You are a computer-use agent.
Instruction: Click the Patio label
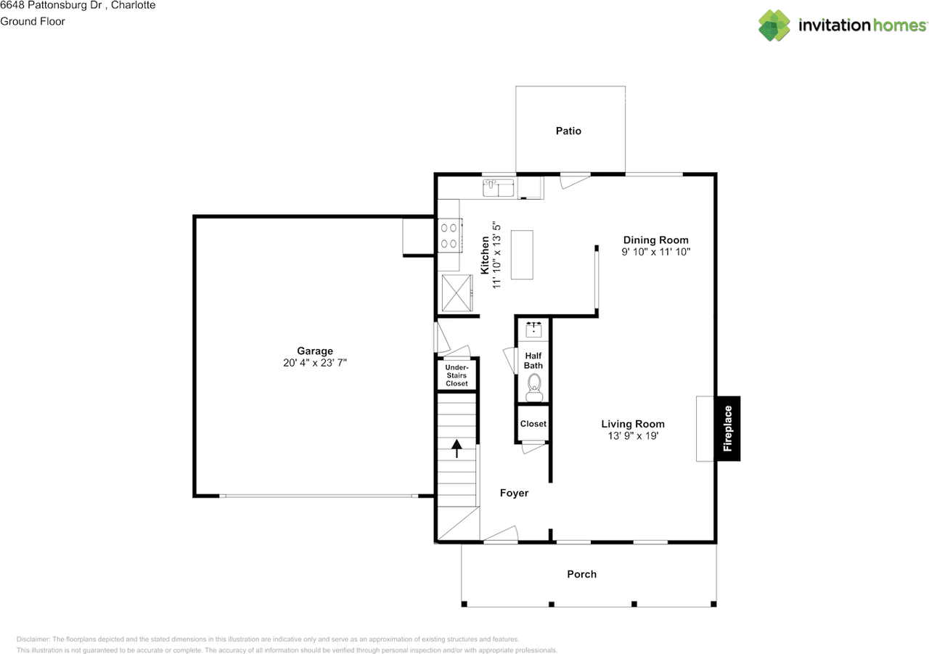tap(568, 131)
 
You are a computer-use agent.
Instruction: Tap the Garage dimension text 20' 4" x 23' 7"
tap(315, 363)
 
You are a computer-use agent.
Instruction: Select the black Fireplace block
tap(728, 428)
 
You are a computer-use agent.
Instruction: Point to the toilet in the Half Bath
tap(534, 388)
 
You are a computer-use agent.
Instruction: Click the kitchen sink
tap(499, 188)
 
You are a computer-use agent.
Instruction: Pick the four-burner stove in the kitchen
tap(450, 235)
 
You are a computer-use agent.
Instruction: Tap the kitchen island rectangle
tap(522, 255)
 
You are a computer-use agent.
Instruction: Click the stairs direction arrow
tap(457, 449)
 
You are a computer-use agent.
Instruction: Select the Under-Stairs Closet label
tap(457, 375)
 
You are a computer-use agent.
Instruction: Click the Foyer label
tap(514, 493)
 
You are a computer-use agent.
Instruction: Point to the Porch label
tap(581, 574)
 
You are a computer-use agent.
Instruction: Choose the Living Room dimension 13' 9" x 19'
tap(633, 436)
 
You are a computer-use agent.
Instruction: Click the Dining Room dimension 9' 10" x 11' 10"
tap(655, 252)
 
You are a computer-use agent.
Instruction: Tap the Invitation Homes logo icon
tap(774, 25)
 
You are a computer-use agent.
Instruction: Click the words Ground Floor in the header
tap(33, 22)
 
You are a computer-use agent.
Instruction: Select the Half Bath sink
tap(533, 330)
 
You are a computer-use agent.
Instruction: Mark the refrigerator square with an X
tap(457, 293)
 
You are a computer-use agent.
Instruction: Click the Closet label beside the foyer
tap(533, 424)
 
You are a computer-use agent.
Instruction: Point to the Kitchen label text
tap(484, 255)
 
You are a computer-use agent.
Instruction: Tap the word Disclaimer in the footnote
tap(33, 639)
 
